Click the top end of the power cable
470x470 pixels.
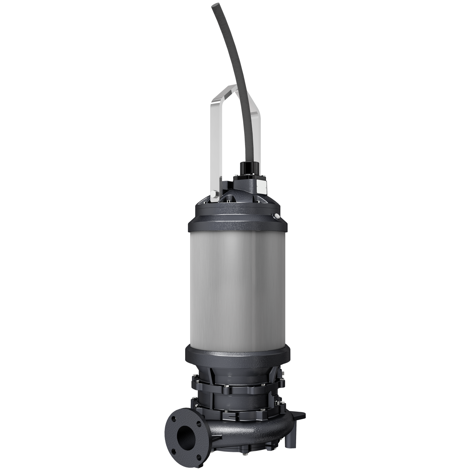point(216,7)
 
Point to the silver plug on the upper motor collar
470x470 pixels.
point(277,216)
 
